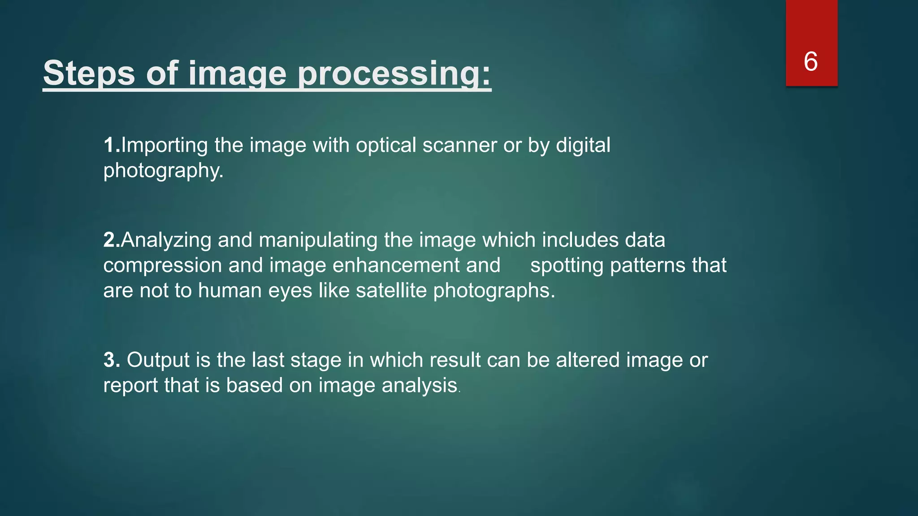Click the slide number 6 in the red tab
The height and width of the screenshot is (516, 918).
pyautogui.click(x=810, y=61)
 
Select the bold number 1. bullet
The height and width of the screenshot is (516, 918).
pyautogui.click(x=112, y=145)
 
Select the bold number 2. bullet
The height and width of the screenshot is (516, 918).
pyautogui.click(x=112, y=240)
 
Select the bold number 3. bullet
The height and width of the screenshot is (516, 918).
pyautogui.click(x=112, y=360)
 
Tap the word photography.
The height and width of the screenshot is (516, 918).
pyautogui.click(x=163, y=171)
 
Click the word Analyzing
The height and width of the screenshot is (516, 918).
pyautogui.click(x=166, y=240)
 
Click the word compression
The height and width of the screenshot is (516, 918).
pyautogui.click(x=162, y=265)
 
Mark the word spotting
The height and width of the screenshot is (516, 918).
pyautogui.click(x=567, y=265)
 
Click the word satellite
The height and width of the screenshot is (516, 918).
pyautogui.click(x=391, y=290)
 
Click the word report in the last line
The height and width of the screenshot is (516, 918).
pyautogui.click(x=130, y=385)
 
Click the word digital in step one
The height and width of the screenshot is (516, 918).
pyautogui.click(x=583, y=145)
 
